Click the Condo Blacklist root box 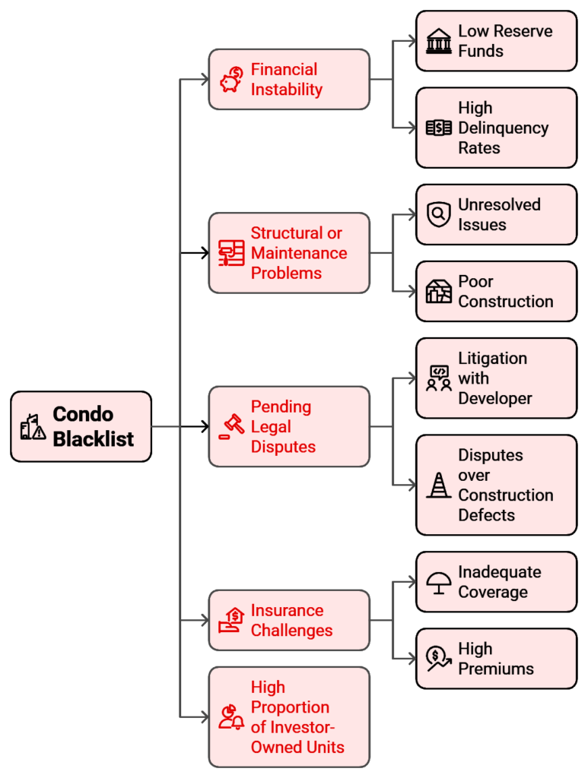[81, 426]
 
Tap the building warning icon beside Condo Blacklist [33, 427]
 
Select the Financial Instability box [289, 80]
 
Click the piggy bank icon [231, 80]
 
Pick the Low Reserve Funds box [496, 41]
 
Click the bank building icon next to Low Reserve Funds [438, 41]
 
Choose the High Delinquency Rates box [496, 128]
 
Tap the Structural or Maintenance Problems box [289, 253]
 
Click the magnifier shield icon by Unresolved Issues [438, 214]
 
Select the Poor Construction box [496, 291]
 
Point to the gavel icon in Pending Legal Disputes [230, 427]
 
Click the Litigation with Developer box [496, 378]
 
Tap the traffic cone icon [438, 485]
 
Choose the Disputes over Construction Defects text [505, 485]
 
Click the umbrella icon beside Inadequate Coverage [438, 582]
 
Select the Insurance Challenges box [289, 620]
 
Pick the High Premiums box [496, 659]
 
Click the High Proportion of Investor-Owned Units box [289, 716]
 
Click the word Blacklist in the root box [93, 438]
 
